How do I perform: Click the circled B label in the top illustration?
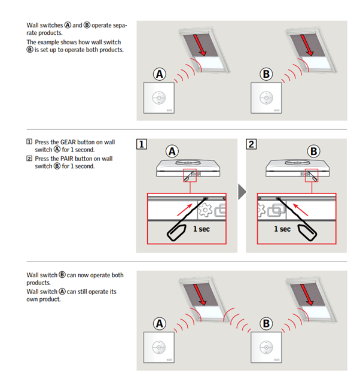point(267,74)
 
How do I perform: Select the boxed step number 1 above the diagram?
point(142,144)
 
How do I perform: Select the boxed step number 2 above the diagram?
point(251,144)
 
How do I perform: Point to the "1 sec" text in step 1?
point(200,229)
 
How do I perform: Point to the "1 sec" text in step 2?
point(282,229)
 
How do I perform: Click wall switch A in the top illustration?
point(160,98)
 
